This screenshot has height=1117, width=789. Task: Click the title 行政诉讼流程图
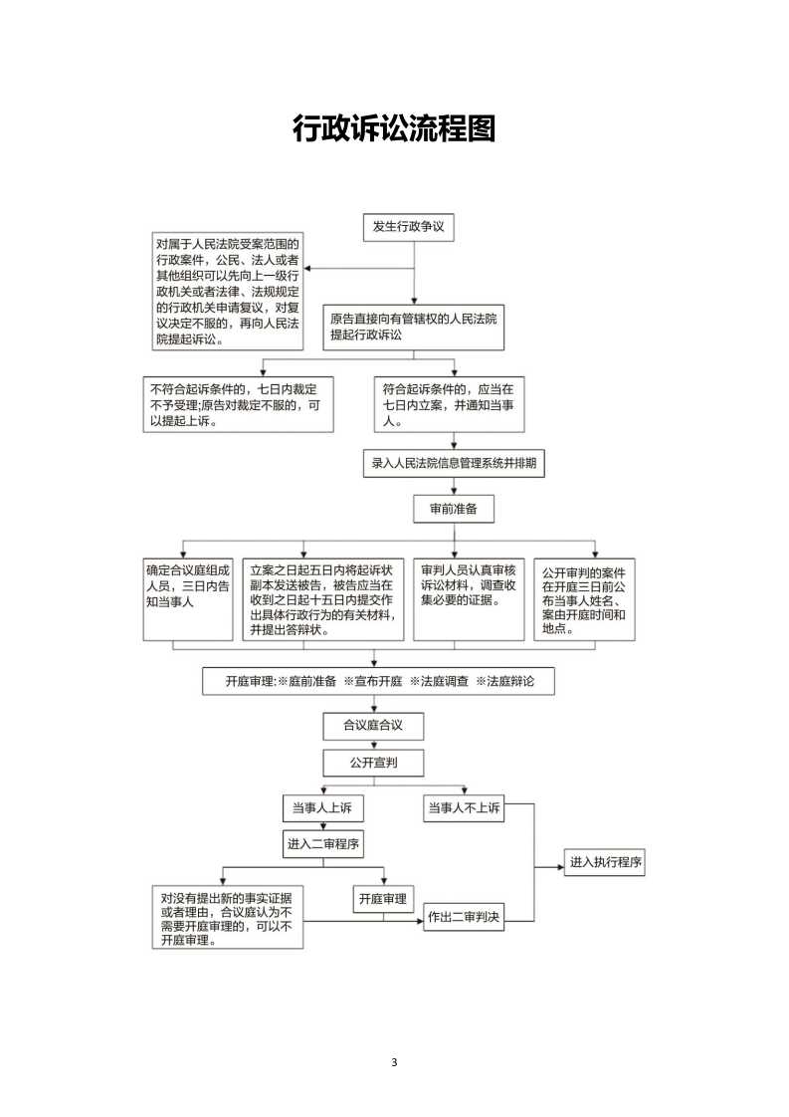[x=394, y=129]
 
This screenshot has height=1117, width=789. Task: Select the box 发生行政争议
[x=409, y=227]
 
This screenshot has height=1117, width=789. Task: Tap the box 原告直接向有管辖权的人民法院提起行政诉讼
[x=414, y=327]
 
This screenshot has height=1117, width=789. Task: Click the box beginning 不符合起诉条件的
[x=239, y=404]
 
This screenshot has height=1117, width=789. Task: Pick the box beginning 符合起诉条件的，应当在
[x=450, y=404]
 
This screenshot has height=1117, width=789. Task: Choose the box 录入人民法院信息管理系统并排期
[x=454, y=464]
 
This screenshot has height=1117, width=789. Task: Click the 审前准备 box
[x=454, y=510]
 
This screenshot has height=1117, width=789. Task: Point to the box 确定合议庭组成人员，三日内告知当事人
[x=188, y=599]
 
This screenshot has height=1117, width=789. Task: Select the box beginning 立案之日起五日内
[x=323, y=599]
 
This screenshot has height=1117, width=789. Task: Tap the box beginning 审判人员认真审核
[x=470, y=599]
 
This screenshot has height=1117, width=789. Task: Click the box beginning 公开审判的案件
[x=585, y=599]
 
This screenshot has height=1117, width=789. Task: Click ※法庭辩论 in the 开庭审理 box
[x=504, y=681]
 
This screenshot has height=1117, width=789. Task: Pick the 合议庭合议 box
[x=374, y=726]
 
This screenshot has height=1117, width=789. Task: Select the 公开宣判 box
[x=374, y=763]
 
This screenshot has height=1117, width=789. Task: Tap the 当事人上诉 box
[x=322, y=808]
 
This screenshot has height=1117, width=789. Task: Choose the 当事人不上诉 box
[x=465, y=808]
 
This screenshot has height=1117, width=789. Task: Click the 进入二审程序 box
[x=323, y=844]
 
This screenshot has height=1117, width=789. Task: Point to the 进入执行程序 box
[x=605, y=863]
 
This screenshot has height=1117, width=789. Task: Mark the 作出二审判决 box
[x=465, y=918]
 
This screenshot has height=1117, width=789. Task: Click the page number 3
[x=394, y=1063]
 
